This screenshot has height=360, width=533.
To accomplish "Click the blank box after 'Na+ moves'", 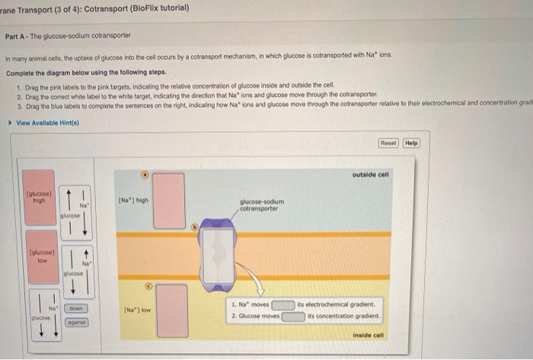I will click(x=283, y=304).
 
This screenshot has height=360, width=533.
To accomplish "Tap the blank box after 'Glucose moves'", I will click(x=293, y=316).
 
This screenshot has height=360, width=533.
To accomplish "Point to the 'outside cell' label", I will click(x=370, y=174).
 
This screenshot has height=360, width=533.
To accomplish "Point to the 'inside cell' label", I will click(x=369, y=334).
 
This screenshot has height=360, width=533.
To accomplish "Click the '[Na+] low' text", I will click(x=135, y=311).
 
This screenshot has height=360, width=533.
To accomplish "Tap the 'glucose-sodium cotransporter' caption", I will click(x=261, y=205).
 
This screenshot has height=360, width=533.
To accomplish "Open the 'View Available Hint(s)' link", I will click(x=47, y=123).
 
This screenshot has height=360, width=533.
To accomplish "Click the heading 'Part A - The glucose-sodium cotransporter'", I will click(x=68, y=37).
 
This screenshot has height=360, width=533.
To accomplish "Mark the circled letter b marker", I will click(x=194, y=226).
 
